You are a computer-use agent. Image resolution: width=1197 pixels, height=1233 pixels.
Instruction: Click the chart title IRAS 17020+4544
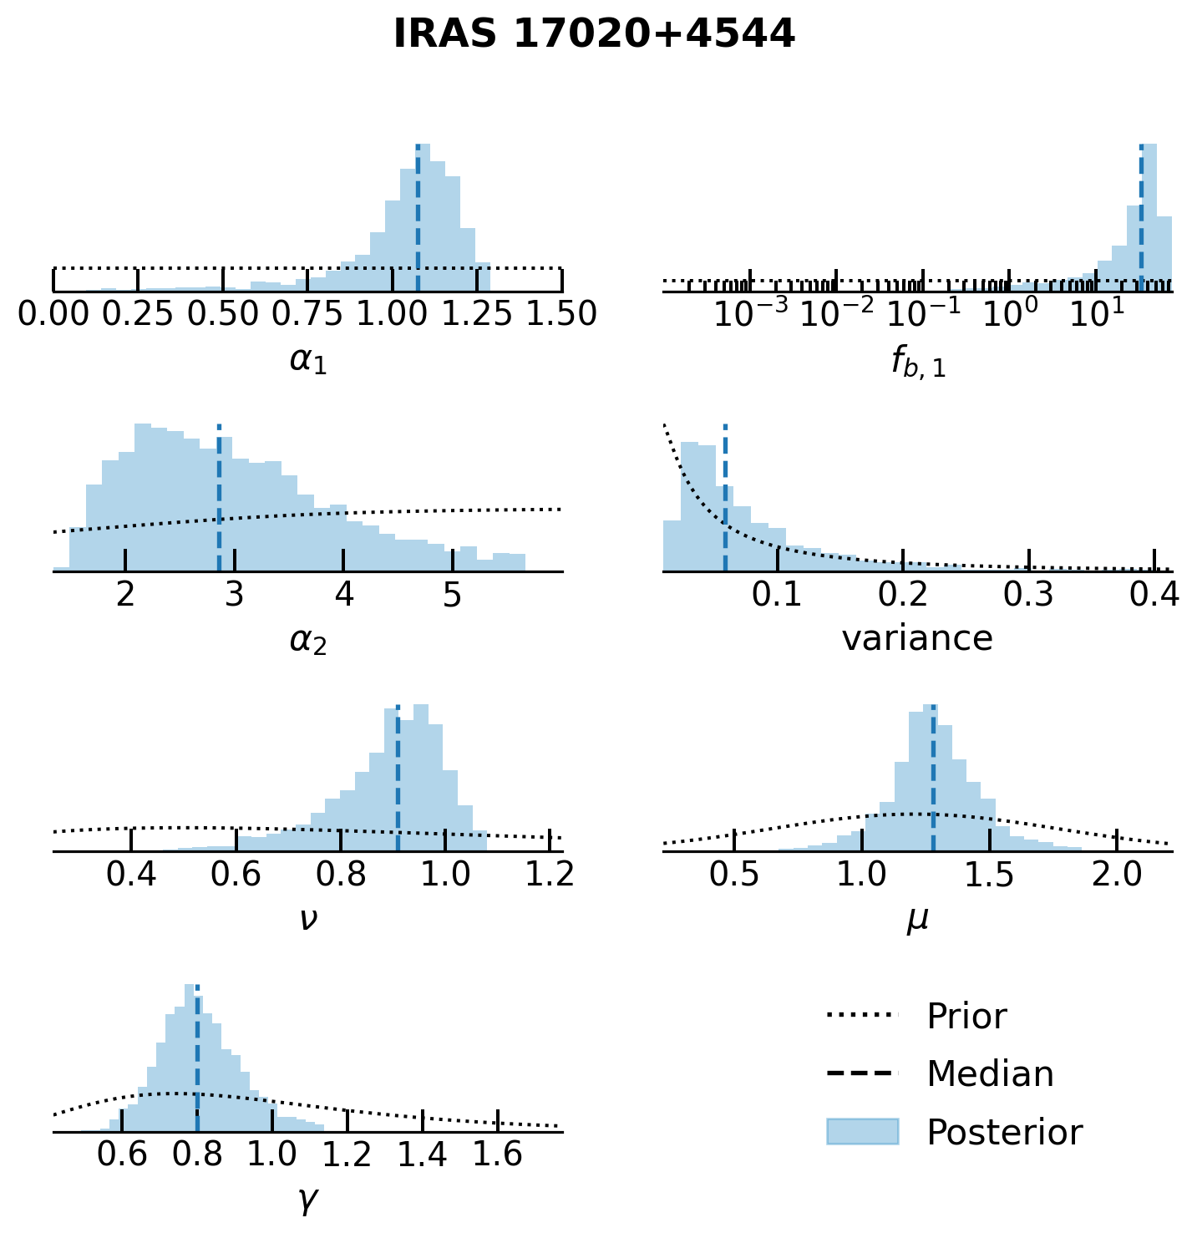[594, 34]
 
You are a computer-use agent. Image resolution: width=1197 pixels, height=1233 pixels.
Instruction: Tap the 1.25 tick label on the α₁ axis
[477, 314]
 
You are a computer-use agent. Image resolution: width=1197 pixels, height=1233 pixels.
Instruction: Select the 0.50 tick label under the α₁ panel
[223, 314]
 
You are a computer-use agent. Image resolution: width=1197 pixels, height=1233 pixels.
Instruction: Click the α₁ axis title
[308, 360]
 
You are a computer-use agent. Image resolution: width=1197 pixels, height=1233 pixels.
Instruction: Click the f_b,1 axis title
[918, 362]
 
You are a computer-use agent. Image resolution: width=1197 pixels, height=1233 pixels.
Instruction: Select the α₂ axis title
[308, 640]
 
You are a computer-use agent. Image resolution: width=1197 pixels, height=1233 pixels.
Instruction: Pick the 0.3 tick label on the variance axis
[1028, 594]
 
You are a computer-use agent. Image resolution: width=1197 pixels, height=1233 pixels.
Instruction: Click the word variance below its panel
[917, 639]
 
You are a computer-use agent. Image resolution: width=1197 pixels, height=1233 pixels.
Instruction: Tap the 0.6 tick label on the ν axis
[236, 874]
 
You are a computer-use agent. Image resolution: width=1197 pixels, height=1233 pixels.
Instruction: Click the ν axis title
[308, 919]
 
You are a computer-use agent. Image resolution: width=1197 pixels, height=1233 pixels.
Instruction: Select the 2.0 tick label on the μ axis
[1117, 874]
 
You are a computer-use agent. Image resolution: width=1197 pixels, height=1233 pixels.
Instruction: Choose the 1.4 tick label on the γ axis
[423, 1154]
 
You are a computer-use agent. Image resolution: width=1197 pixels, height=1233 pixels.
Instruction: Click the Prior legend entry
[966, 1017]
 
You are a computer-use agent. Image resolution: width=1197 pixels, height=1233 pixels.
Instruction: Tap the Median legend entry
[990, 1074]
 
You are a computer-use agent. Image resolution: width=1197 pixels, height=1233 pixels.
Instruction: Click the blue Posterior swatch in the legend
[862, 1132]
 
